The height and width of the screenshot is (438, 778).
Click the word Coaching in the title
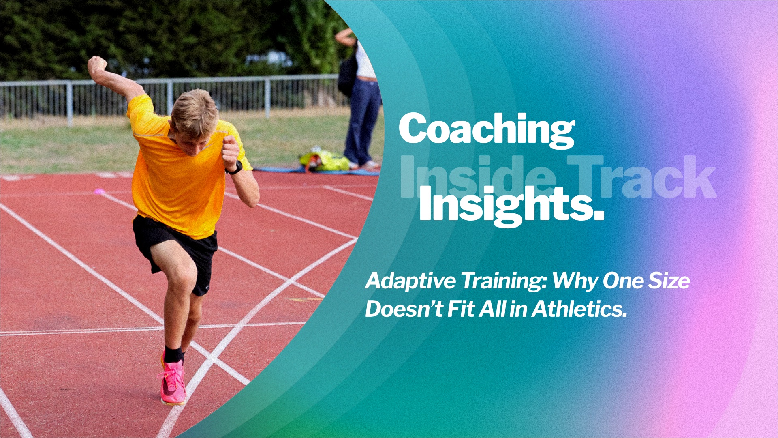point(487,129)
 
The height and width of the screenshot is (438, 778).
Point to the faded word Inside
point(478,177)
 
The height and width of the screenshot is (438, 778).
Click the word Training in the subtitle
point(503,281)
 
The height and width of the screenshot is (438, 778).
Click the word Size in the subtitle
point(669,281)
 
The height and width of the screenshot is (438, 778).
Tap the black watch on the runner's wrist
point(235,168)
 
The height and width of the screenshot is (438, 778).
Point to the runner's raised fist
point(97,65)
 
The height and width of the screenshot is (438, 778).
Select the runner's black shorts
point(175,251)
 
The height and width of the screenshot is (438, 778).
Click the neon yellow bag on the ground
point(325,161)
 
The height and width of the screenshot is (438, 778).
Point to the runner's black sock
point(173,354)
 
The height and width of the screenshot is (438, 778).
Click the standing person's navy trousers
point(363,122)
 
